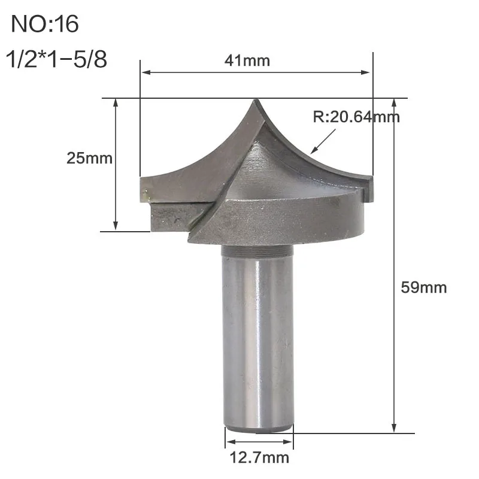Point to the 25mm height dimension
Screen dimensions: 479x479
(89, 158)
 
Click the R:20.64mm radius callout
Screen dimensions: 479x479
(356, 116)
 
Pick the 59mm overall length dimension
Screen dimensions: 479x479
(424, 287)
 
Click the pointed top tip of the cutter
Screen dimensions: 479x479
(256, 101)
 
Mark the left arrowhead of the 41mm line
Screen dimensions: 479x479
(144, 72)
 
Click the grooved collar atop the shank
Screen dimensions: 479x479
(258, 250)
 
